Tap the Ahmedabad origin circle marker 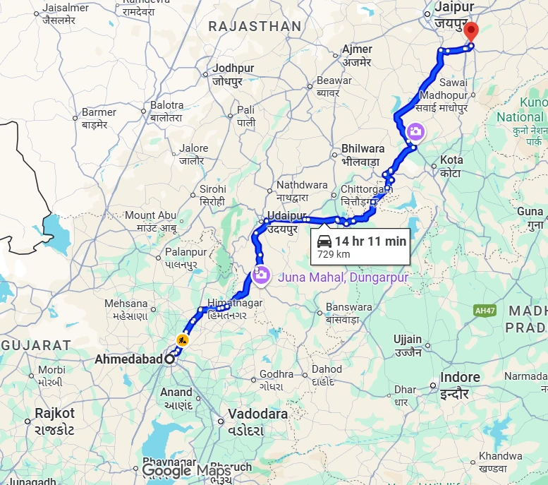click(x=169, y=359)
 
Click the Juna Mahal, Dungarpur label click(x=343, y=277)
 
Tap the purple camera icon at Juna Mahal click(x=260, y=275)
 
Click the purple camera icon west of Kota click(x=415, y=131)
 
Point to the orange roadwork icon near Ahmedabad click(x=183, y=340)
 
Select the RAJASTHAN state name click(x=254, y=27)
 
